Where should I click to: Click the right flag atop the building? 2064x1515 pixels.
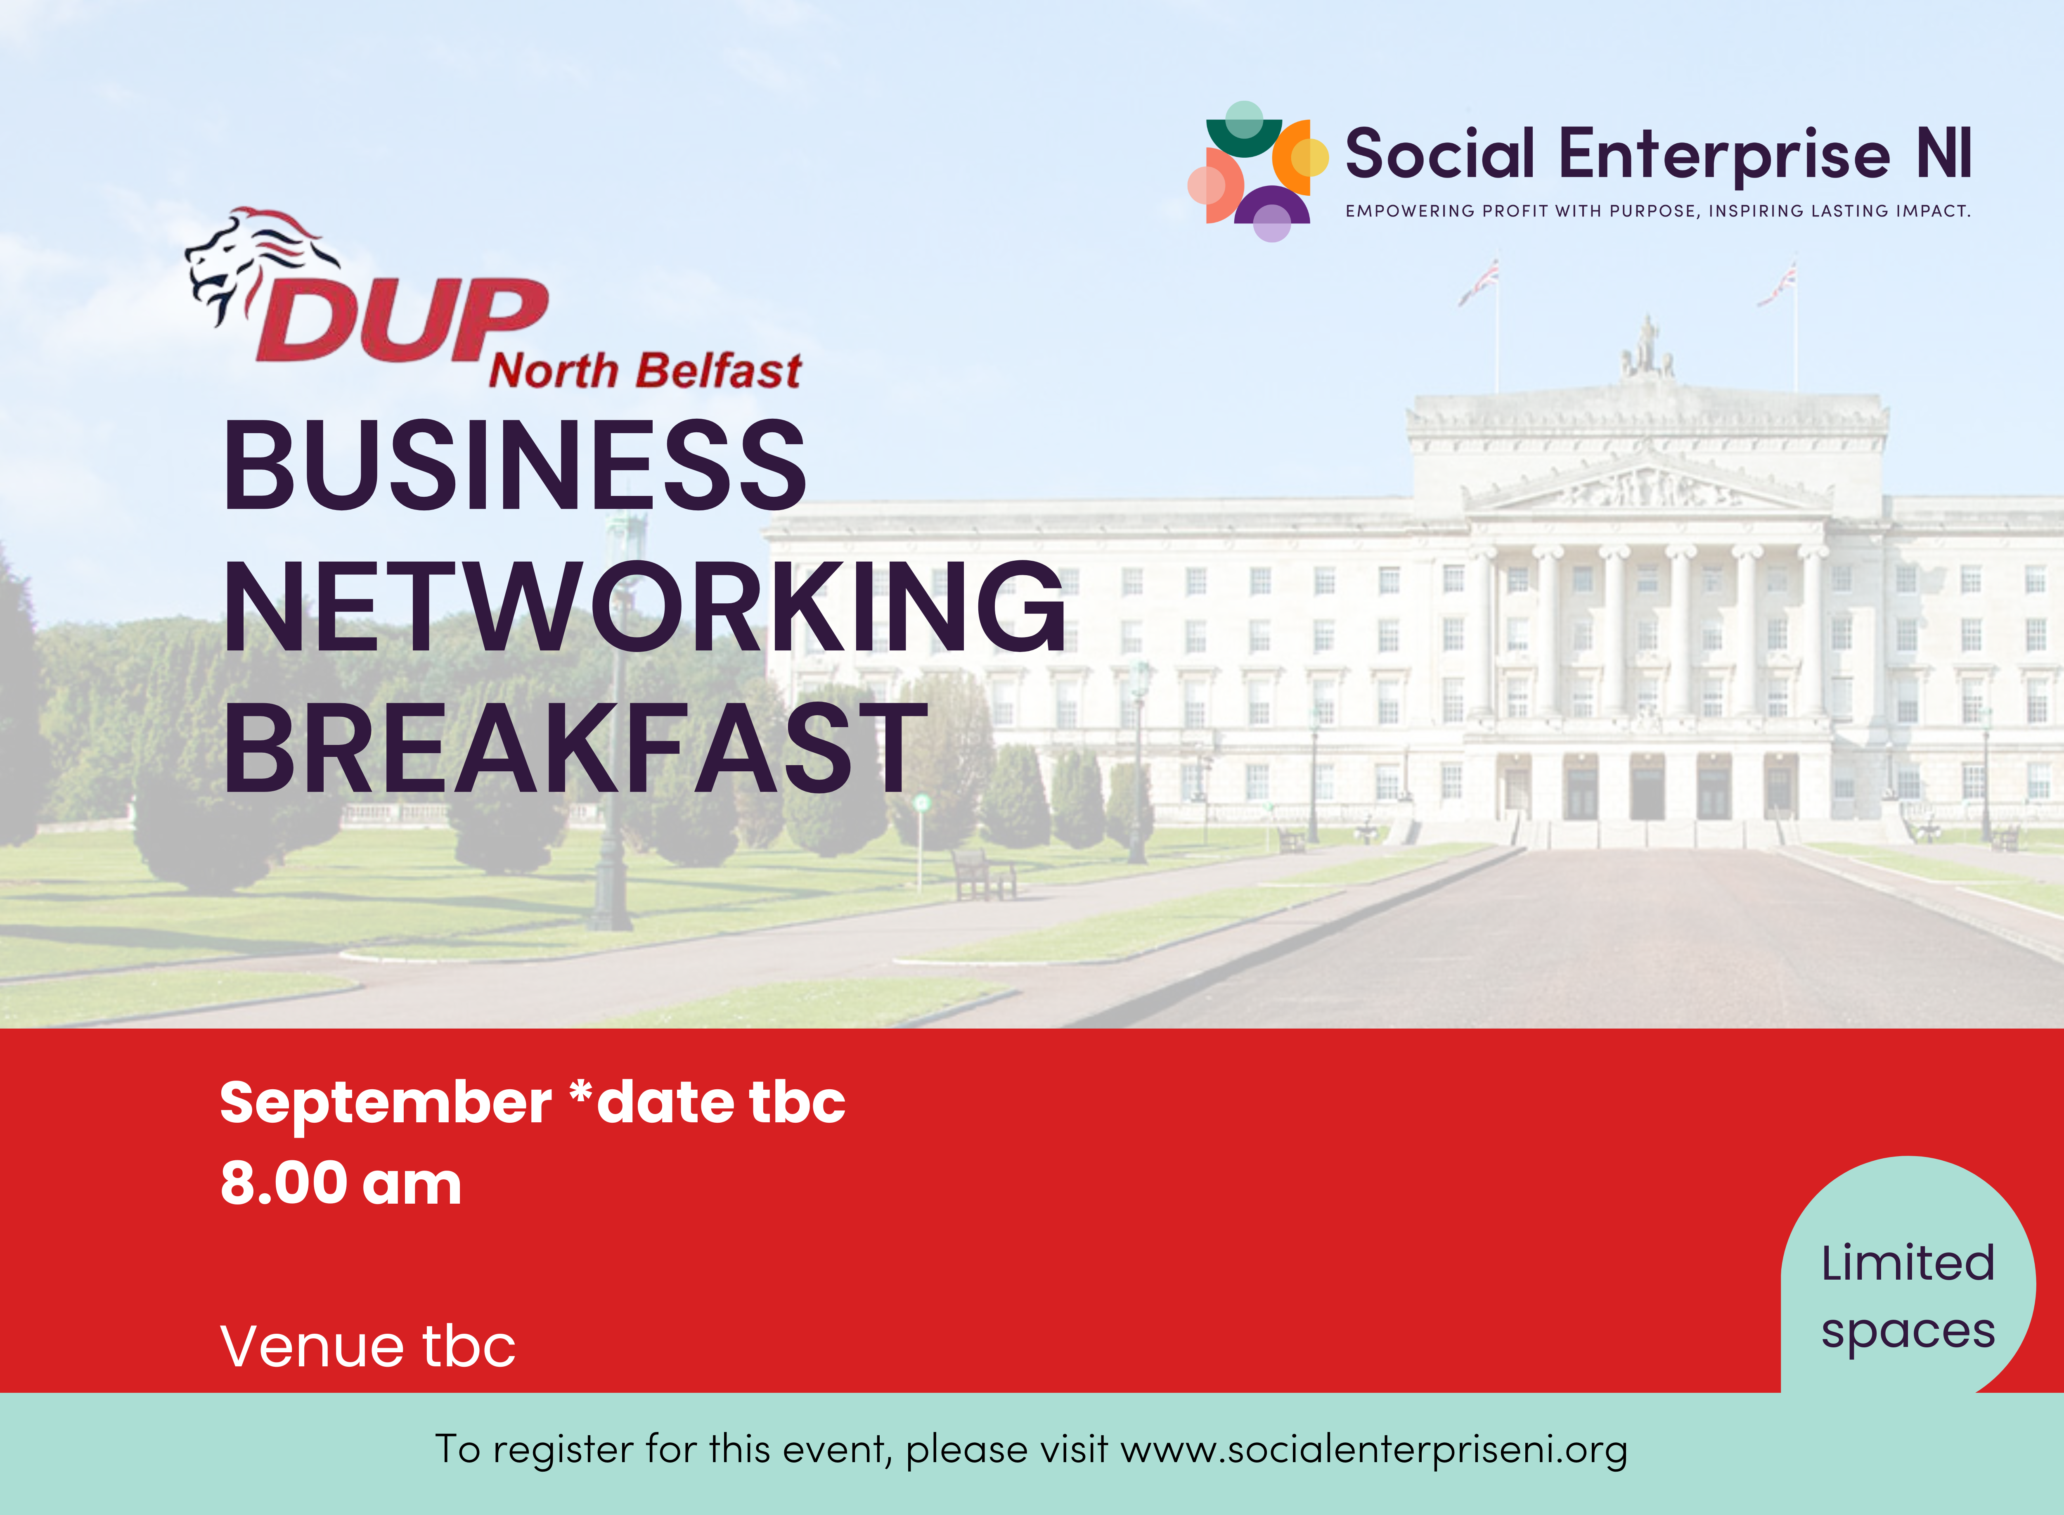click(x=1777, y=283)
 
